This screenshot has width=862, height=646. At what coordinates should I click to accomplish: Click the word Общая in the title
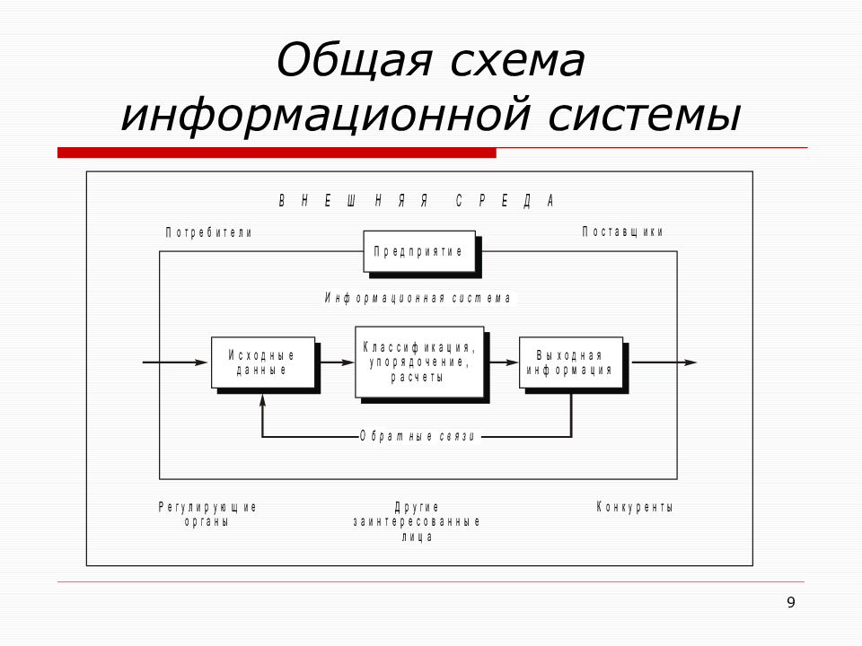(x=355, y=60)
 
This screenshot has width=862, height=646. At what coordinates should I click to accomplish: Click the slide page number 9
(x=790, y=603)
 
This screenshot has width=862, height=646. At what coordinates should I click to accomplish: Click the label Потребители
(x=209, y=233)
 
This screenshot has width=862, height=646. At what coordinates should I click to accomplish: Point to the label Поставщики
(x=623, y=231)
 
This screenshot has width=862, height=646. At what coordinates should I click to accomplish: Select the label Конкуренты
(x=635, y=507)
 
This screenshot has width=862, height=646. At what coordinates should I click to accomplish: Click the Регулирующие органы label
(x=207, y=514)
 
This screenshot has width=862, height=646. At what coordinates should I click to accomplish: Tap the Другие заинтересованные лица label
(x=417, y=522)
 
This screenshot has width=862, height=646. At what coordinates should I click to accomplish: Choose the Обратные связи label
(x=418, y=437)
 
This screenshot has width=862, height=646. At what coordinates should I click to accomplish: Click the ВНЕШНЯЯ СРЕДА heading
(x=416, y=201)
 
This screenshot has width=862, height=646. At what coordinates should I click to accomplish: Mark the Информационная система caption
(x=418, y=298)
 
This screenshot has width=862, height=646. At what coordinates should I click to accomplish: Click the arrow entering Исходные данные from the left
(x=175, y=362)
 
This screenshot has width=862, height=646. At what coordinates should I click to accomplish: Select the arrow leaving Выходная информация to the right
(x=664, y=362)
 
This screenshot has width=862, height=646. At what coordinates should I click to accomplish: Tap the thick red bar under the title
(x=277, y=153)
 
